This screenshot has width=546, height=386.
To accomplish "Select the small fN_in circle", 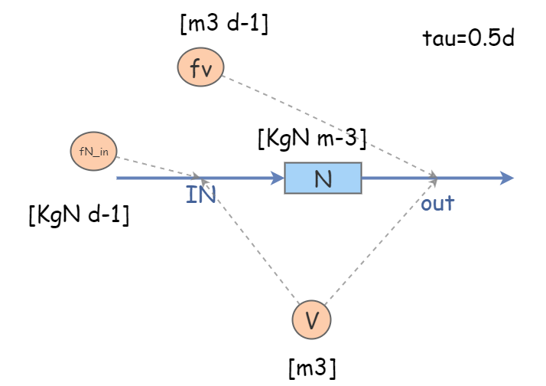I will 94,151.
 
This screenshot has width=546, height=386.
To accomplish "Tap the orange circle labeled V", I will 312,319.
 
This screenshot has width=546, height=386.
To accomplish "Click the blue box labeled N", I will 323,178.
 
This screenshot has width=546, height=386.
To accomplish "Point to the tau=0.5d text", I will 467,38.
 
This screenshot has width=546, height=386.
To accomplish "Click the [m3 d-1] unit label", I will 223,25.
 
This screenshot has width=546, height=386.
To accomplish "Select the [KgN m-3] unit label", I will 313,139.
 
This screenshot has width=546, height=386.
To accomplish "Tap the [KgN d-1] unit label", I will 78,215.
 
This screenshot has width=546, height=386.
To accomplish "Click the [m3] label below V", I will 312,368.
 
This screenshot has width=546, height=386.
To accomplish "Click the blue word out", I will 437,203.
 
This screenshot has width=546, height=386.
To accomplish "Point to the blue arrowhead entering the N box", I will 278,178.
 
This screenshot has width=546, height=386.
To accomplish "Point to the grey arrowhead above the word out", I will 434,178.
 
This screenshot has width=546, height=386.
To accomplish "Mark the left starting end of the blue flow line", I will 118,178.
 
